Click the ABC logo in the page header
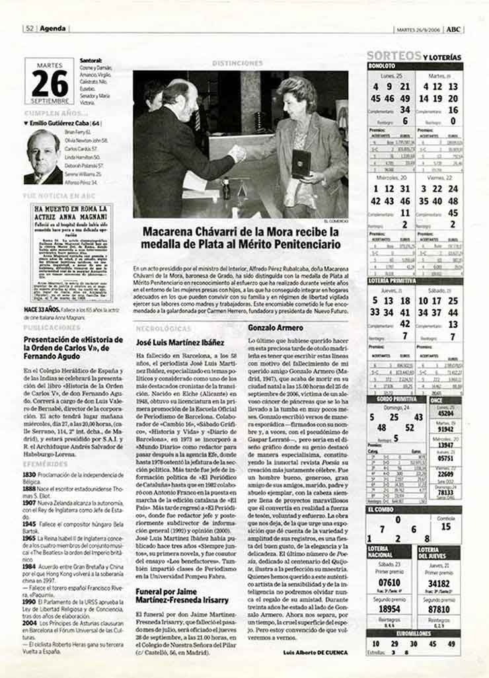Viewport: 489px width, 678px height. point(454,28)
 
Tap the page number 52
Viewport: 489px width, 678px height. point(29,28)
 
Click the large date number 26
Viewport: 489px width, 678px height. point(50,84)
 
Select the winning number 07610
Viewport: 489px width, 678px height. point(390,583)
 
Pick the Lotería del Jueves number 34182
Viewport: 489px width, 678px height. point(439,584)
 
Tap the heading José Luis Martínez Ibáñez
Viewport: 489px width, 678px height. point(180,342)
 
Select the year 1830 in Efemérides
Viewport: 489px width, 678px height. point(29,474)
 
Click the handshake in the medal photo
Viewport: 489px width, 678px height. point(237,153)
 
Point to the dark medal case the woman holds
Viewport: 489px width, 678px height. point(301,163)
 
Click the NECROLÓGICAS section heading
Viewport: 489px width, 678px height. point(163,328)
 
